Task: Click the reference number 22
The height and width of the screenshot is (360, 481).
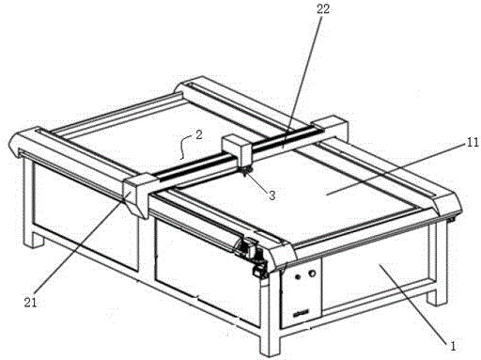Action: point(322,9)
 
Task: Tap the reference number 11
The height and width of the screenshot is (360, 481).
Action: point(473,143)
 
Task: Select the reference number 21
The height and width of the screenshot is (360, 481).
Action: point(30,303)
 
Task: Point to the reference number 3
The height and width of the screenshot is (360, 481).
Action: point(272,196)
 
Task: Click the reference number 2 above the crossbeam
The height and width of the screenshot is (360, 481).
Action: point(199,135)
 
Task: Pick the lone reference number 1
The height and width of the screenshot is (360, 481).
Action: point(453,346)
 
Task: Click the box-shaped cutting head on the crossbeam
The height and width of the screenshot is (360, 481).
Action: point(237,150)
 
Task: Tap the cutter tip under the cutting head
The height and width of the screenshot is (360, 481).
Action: point(245,171)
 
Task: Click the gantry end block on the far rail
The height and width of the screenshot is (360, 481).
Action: point(332,128)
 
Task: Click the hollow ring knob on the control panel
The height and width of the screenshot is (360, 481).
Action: point(312,274)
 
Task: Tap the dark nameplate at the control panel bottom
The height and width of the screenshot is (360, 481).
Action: point(302,313)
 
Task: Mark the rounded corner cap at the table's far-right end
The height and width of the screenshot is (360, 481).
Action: point(447,204)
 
